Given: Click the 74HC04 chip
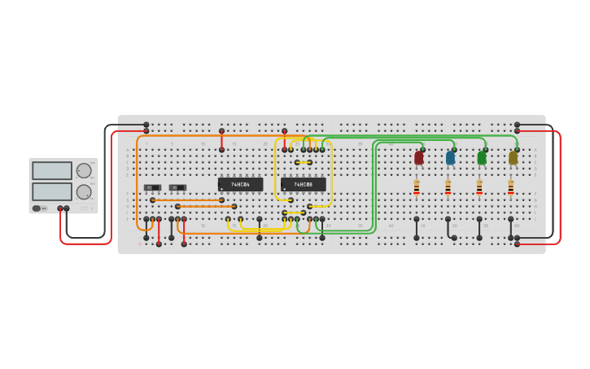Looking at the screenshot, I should coord(240,185).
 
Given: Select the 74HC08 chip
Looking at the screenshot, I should coord(303,185).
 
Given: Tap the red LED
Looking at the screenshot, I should coord(418,158).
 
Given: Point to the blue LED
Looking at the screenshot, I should coord(450,158).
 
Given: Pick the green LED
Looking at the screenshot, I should coord(482,158).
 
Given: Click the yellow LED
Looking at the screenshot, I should coord(514,158).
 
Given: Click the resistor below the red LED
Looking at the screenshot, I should coord(417,188).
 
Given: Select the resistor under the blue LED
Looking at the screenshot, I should coord(448,188).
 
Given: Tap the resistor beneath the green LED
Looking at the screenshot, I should coord(479,188).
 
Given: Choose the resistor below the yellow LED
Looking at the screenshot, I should coord(511,188).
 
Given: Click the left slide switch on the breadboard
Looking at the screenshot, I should coord(152,188).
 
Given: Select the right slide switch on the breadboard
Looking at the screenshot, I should coord(177,188).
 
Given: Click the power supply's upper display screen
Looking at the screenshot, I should coord(52,171).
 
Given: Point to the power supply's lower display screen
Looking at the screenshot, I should coord(52,191).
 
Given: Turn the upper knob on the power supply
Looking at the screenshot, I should coord(84,171).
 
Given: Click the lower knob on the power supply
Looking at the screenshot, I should coord(84,192).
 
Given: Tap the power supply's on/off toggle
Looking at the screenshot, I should coord(37,209).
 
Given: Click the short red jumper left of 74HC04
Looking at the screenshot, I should coord(221,140).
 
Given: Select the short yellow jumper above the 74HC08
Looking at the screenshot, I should coord(304,163).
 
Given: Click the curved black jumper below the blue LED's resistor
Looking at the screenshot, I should coord(450,230).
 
